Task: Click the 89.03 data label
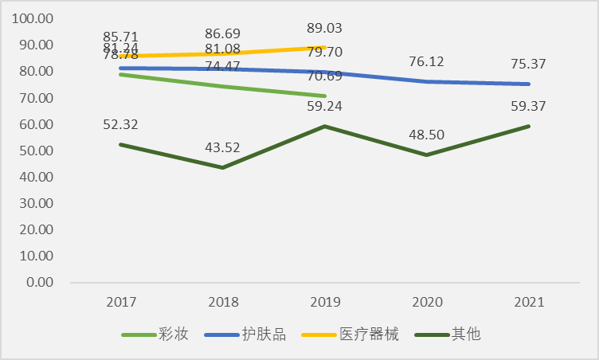point(325,28)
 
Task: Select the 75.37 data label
point(529,64)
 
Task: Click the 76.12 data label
point(427,61)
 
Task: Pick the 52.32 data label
point(121,124)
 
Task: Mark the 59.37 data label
point(529,106)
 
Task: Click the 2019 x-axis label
point(325,302)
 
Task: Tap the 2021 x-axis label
point(529,302)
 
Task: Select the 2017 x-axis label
point(121,302)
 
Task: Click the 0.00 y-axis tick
point(38,283)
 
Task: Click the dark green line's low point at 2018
point(223,167)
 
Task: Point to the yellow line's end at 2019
point(325,47)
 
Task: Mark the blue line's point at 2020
point(427,81)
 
